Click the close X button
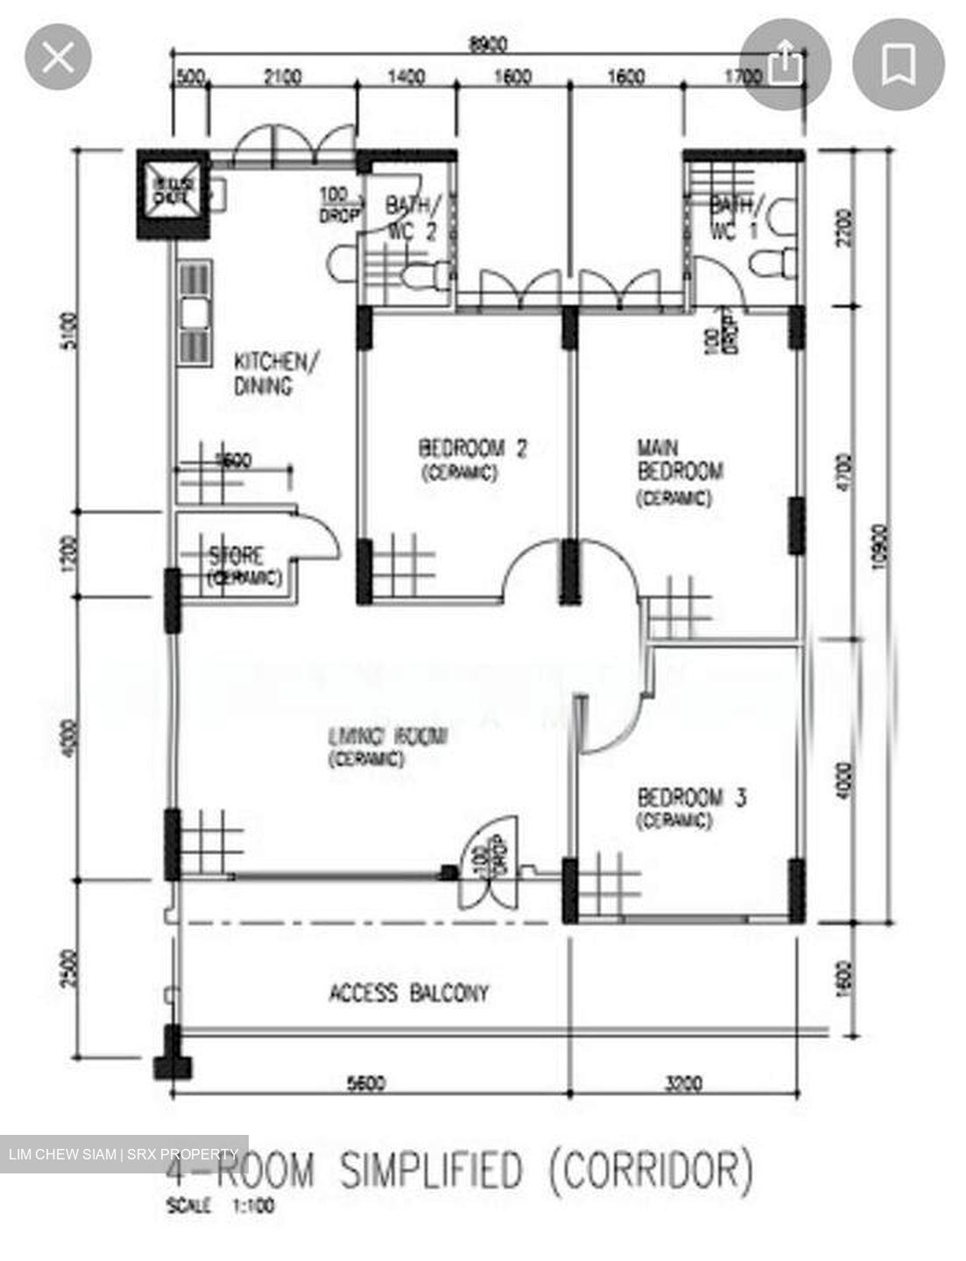58,58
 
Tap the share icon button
784,64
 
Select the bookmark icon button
899,64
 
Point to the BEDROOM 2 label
473,449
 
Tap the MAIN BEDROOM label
680,461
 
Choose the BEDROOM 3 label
691,798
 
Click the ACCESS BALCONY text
408,993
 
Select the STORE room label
236,556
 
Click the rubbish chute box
173,192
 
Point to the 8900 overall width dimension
488,43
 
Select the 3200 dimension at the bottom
683,1083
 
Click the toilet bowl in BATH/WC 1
775,261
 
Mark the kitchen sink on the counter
193,313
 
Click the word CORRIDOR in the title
652,1170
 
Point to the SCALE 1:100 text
220,1206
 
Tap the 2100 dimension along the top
282,77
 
